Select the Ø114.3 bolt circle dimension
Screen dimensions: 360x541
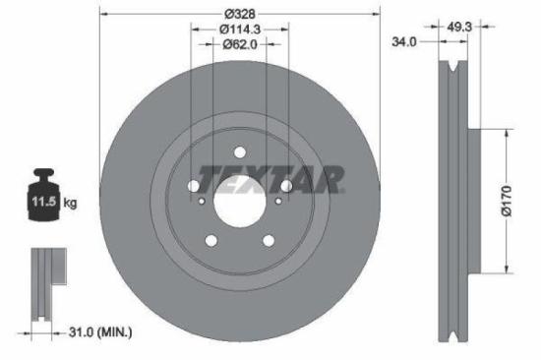(240, 29)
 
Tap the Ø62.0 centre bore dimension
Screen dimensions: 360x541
(240, 44)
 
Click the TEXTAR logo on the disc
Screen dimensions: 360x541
(270, 179)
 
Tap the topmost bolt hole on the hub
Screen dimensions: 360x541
(240, 152)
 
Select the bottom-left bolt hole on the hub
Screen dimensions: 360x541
(211, 241)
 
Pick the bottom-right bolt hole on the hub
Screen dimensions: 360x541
(269, 241)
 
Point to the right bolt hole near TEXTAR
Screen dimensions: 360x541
(286, 186)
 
